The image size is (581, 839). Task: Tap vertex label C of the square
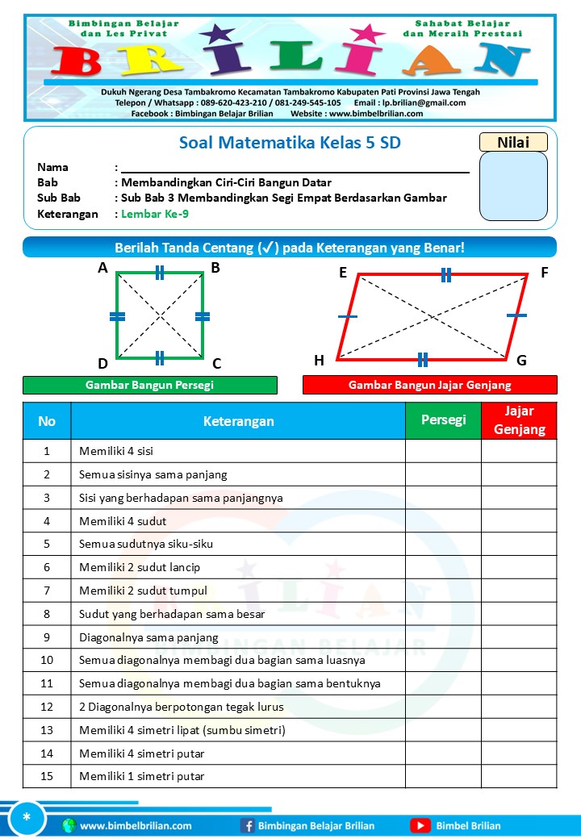(216, 364)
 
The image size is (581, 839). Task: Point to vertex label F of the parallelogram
(545, 273)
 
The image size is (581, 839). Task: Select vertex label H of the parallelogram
(319, 361)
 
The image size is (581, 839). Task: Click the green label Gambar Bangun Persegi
(149, 386)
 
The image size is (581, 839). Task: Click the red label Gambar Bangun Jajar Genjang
(429, 386)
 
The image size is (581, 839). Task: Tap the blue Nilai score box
(513, 186)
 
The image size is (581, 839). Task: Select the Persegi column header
(443, 420)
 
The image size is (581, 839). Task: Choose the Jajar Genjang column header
(519, 420)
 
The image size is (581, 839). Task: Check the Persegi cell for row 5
(443, 544)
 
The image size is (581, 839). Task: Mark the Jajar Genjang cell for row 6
(519, 567)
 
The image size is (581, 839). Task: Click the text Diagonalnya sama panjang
(148, 637)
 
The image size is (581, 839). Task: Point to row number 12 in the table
(47, 707)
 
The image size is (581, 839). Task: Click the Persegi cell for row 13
(443, 730)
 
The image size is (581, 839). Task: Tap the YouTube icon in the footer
(420, 825)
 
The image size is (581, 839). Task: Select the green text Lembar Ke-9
(155, 214)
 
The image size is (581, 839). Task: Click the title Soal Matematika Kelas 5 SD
(290, 144)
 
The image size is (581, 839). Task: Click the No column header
(47, 420)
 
